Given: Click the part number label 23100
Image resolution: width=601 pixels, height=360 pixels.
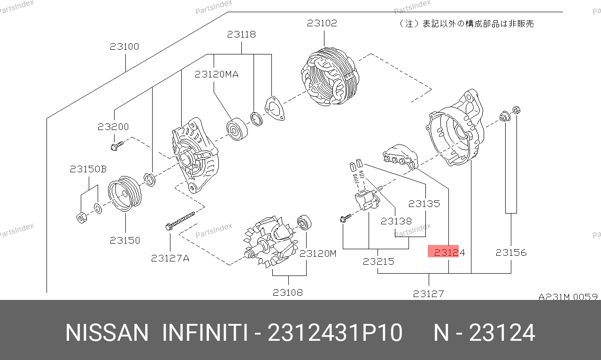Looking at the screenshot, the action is (x=124, y=46).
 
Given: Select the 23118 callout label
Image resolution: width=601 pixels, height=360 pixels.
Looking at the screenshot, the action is (x=241, y=34).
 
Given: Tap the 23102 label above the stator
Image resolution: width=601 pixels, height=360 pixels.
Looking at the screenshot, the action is (x=322, y=23).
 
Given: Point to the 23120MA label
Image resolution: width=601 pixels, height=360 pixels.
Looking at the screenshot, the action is (x=216, y=74).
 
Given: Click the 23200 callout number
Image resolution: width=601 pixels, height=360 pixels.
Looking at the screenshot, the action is (x=113, y=127).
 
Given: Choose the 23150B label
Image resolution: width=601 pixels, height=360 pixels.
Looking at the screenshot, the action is (x=88, y=169).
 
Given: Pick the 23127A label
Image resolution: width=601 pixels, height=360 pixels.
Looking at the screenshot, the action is (x=170, y=258).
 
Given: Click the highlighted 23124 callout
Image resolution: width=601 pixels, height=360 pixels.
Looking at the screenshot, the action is (x=449, y=253).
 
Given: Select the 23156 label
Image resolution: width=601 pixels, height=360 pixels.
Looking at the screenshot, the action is (x=511, y=253).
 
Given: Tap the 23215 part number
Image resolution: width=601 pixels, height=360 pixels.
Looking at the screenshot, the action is (x=378, y=261).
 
